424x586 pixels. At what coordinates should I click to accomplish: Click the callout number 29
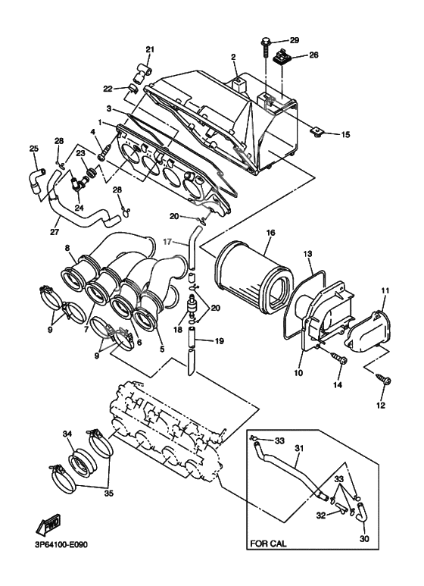click(295, 39)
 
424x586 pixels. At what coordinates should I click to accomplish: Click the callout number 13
click(308, 253)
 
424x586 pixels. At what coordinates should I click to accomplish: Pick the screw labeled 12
click(385, 382)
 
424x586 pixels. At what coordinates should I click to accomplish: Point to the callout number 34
click(67, 434)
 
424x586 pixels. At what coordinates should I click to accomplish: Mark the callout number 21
click(150, 51)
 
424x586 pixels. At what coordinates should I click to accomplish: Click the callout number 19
click(220, 341)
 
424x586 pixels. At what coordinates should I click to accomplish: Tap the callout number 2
click(233, 56)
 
